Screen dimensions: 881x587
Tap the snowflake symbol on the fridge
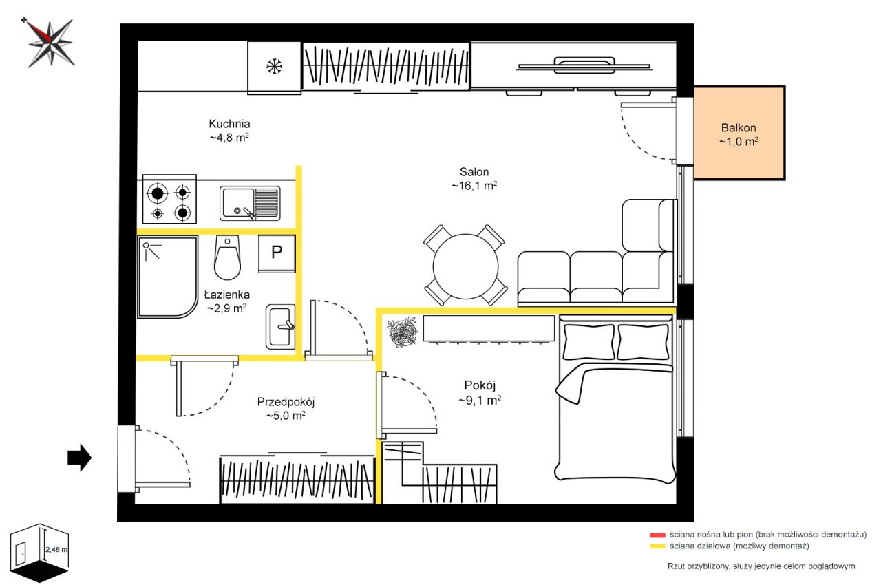pyautogui.click(x=274, y=66)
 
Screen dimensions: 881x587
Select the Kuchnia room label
pyautogui.click(x=229, y=124)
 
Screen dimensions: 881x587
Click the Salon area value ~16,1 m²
pyautogui.click(x=474, y=186)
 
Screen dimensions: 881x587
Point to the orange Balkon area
pyautogui.click(x=739, y=133)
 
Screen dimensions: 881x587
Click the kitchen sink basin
pyautogui.click(x=237, y=203)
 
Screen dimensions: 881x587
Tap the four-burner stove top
pyautogui.click(x=169, y=200)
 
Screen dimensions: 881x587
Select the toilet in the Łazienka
pyautogui.click(x=227, y=257)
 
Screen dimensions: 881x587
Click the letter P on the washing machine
pyautogui.click(x=277, y=252)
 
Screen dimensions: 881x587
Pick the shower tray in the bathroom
pyautogui.click(x=167, y=277)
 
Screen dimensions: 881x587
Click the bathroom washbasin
pyautogui.click(x=280, y=327)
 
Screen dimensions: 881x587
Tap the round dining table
pyautogui.click(x=466, y=266)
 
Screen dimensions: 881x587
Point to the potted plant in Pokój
pyautogui.click(x=402, y=332)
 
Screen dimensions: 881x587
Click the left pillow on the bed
pyautogui.click(x=588, y=341)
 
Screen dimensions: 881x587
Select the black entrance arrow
pyautogui.click(x=79, y=458)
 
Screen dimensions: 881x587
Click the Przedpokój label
pyautogui.click(x=286, y=402)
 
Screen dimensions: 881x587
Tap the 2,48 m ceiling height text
pyautogui.click(x=56, y=549)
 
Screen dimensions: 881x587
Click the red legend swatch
pyautogui.click(x=657, y=535)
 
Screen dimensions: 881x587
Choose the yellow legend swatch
pyautogui.click(x=657, y=546)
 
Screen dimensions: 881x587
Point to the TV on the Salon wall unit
pyautogui.click(x=584, y=65)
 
